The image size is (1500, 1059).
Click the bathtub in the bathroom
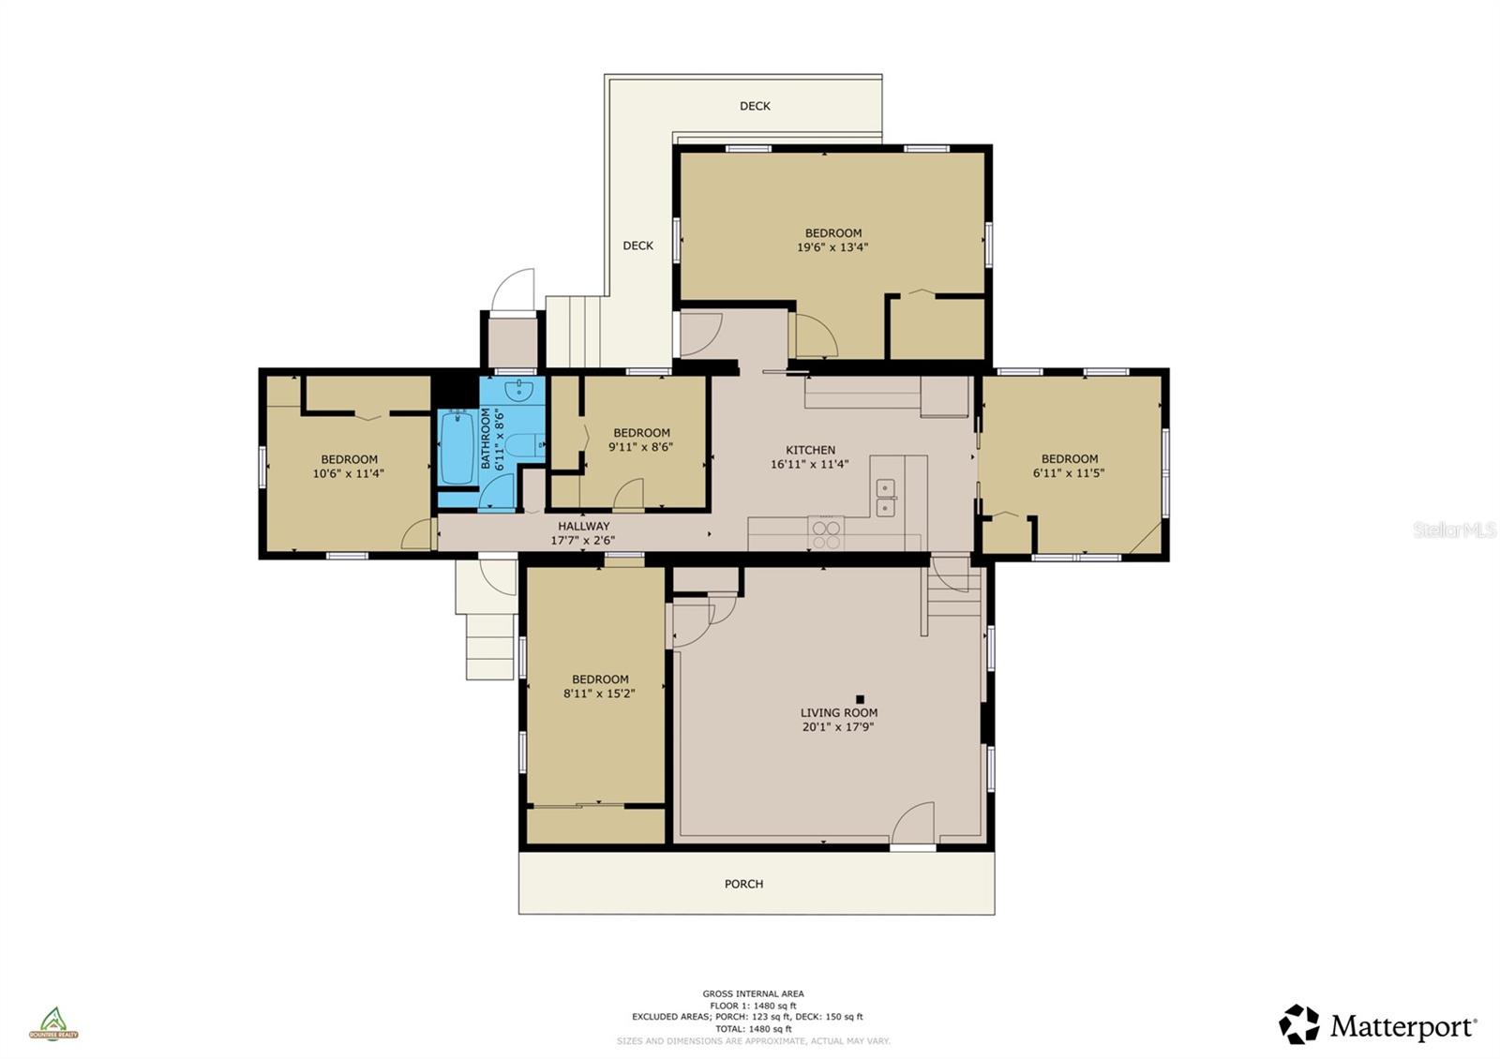[x=457, y=447]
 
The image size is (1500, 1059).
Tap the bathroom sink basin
[x=518, y=389]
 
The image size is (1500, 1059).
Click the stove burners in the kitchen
[x=826, y=535]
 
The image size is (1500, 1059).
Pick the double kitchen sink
[x=885, y=498]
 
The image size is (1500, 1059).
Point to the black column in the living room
[x=860, y=698]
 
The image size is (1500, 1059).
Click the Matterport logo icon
[x=1299, y=1024]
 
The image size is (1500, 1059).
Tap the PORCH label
[x=743, y=884]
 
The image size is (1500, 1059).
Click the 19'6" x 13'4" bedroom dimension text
[x=832, y=248]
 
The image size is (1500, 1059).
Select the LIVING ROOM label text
[x=838, y=712]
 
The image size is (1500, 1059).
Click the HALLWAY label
[x=583, y=526]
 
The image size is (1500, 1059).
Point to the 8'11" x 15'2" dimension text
[x=600, y=694]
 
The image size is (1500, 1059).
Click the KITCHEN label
[x=810, y=450]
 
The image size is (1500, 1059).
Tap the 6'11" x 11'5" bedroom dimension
[x=1069, y=473]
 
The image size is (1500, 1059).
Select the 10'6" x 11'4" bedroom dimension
[x=349, y=474]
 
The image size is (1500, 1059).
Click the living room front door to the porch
[x=912, y=826]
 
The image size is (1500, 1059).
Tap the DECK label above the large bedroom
[x=755, y=106]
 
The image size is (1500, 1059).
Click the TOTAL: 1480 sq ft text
[x=753, y=1029]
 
